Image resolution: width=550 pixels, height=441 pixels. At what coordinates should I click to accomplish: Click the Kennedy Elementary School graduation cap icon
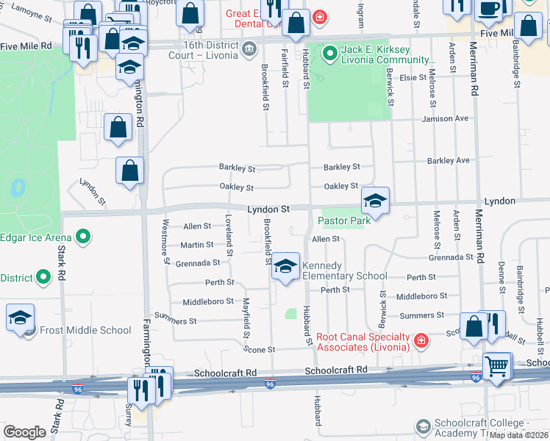[x=286, y=268]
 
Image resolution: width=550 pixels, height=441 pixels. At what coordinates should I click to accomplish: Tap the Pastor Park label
[x=343, y=220]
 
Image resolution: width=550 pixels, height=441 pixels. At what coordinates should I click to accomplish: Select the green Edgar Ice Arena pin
[x=84, y=237]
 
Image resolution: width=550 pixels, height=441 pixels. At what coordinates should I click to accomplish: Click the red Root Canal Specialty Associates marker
[x=420, y=340]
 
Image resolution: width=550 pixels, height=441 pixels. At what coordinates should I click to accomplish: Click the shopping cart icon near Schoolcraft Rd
[x=497, y=365]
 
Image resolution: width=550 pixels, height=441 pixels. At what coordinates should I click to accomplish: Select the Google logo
[x=24, y=432]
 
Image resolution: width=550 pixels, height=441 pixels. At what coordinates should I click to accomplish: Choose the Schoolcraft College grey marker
[x=423, y=426]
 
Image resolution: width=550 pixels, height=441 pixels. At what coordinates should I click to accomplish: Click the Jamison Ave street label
[x=445, y=118]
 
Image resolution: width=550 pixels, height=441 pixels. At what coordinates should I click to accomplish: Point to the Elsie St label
[x=413, y=77]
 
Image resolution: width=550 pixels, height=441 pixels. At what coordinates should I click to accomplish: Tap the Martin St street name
[x=198, y=245]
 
